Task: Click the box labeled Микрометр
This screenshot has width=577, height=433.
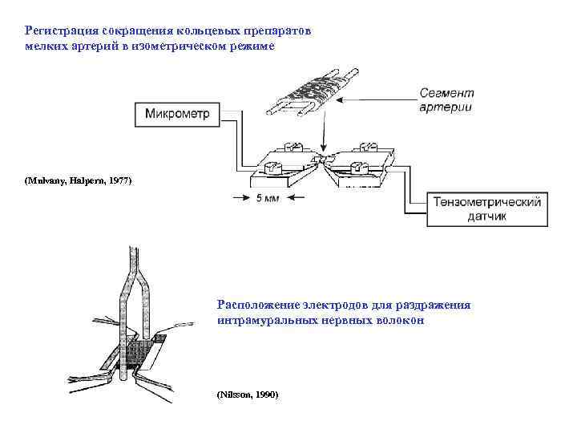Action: [x=177, y=114]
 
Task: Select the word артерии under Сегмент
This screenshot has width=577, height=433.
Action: [x=446, y=107]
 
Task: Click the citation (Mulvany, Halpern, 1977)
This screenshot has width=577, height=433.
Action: [x=76, y=180]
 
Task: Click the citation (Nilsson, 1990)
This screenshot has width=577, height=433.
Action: [x=247, y=396]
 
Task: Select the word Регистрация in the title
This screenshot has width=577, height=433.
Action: [x=59, y=30]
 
